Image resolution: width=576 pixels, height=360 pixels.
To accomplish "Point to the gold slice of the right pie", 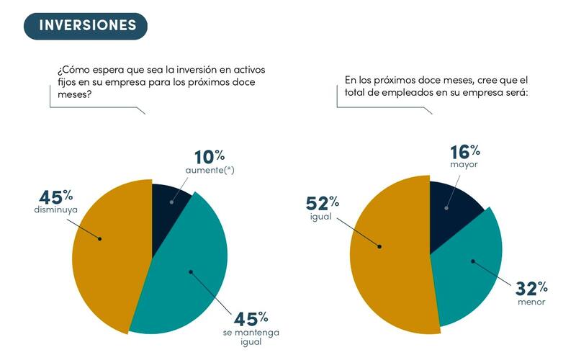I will (x=389, y=252).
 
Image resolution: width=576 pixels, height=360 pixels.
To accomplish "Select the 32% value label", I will (x=531, y=289).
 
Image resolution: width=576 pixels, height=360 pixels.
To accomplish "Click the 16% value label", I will (x=464, y=153).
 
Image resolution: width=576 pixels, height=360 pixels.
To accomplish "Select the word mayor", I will (x=464, y=166).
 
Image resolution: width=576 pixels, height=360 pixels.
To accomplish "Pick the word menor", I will (x=531, y=302).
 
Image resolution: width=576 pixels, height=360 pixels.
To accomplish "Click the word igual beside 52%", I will (x=320, y=217).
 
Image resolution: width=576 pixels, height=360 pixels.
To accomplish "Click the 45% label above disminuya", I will (x=55, y=197).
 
